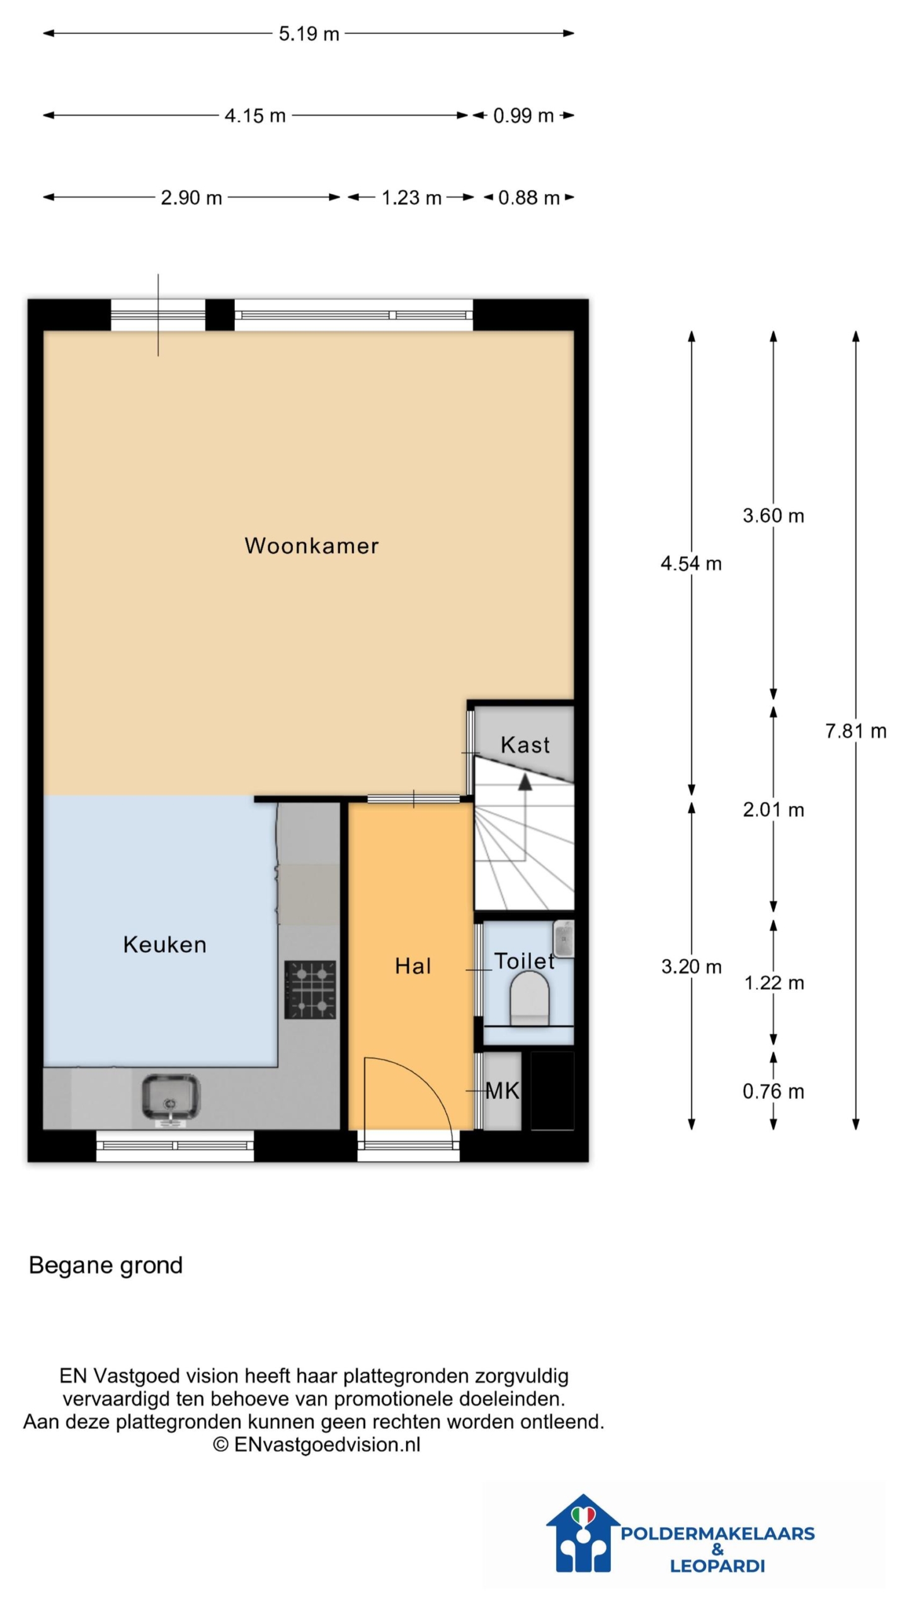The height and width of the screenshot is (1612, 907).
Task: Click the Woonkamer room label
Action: tap(311, 545)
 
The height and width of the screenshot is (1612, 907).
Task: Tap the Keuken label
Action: tap(164, 945)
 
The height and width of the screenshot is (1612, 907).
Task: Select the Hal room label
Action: tap(413, 966)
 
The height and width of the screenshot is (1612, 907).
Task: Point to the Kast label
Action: tap(525, 745)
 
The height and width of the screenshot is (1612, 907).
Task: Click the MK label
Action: tap(502, 1091)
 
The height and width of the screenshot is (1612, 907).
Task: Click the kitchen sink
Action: tap(171, 1098)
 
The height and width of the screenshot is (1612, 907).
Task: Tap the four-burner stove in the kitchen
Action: tap(310, 989)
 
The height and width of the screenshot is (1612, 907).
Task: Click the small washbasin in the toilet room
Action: tap(563, 939)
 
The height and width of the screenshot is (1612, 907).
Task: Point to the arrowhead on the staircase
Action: tap(525, 781)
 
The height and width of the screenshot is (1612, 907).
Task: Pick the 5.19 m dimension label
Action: tap(309, 33)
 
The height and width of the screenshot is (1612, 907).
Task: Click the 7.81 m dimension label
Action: tap(855, 731)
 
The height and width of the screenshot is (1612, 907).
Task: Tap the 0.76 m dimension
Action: tap(773, 1091)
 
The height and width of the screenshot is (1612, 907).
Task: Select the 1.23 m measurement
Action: tap(411, 198)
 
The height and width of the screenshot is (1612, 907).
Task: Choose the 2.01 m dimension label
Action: tap(773, 810)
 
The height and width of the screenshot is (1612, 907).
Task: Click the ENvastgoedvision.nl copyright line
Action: tap(316, 1444)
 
